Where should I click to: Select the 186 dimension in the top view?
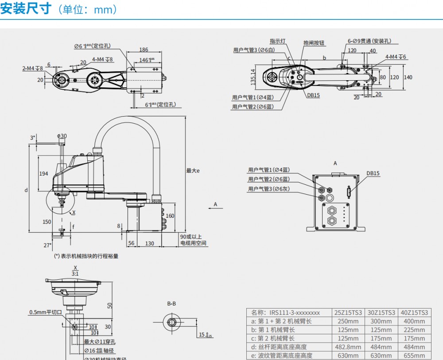pos(144,50)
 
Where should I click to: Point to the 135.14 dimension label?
pos(253,77)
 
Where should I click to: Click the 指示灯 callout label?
pos(277,41)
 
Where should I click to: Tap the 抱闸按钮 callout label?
pos(314,43)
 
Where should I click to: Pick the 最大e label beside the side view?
pos(193,170)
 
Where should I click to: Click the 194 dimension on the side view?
pos(43,173)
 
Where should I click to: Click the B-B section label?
pos(171,304)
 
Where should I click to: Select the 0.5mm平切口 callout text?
pos(46,312)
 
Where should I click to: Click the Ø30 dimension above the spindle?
pos(62,136)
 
